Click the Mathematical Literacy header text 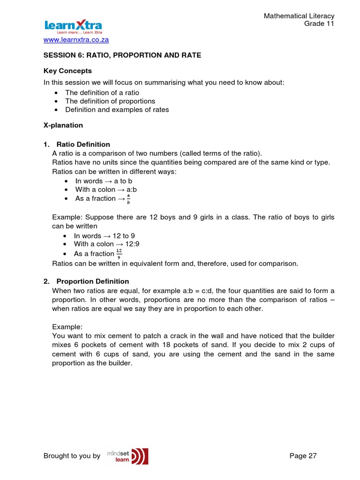coord(299,16)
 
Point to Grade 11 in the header coord(319,24)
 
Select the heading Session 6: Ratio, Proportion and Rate coord(122,55)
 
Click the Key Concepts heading coord(67,71)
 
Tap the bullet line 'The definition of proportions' coord(110,101)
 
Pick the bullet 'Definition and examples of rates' coord(117,110)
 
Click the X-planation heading coord(63,125)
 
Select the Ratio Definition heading coord(83,144)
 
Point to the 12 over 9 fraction coord(119,254)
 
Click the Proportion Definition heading coord(92,281)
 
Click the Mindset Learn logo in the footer coord(128,456)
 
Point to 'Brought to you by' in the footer coord(72,456)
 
